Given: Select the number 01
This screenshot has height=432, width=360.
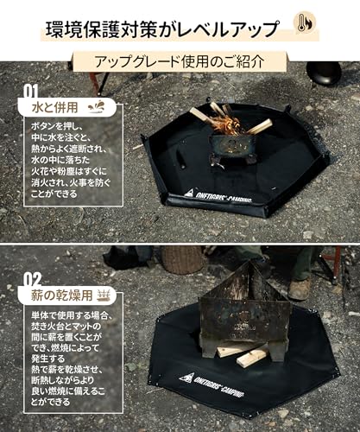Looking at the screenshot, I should (30, 89).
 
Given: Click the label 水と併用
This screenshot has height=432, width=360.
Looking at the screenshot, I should (48, 110).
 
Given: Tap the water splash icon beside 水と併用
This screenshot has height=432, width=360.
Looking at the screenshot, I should (98, 108).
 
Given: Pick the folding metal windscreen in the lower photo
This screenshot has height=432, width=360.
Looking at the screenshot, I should (247, 307).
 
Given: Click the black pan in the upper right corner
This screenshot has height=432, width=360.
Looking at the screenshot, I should (324, 73).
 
